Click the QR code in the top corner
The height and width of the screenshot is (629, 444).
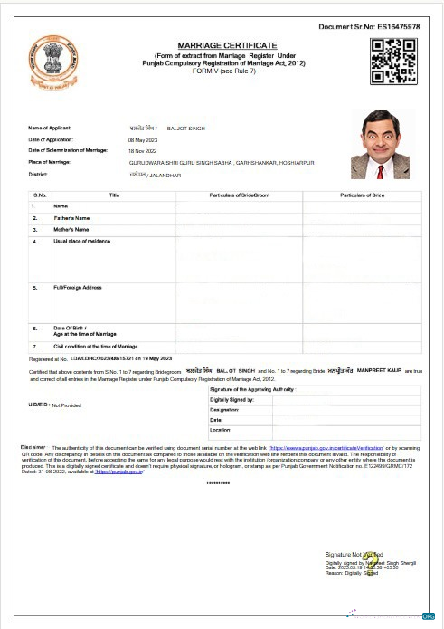pyautogui.click(x=394, y=62)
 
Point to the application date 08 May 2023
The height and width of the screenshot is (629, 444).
pyautogui.click(x=144, y=140)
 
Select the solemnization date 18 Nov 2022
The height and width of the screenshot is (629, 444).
pyautogui.click(x=144, y=151)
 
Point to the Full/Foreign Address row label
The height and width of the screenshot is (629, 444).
pyautogui.click(x=78, y=288)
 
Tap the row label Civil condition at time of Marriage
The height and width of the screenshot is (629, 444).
pyautogui.click(x=96, y=346)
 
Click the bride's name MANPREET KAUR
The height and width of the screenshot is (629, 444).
pyautogui.click(x=379, y=371)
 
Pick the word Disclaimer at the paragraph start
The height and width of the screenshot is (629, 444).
pyautogui.click(x=33, y=447)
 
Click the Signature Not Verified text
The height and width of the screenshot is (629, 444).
pyautogui.click(x=354, y=553)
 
